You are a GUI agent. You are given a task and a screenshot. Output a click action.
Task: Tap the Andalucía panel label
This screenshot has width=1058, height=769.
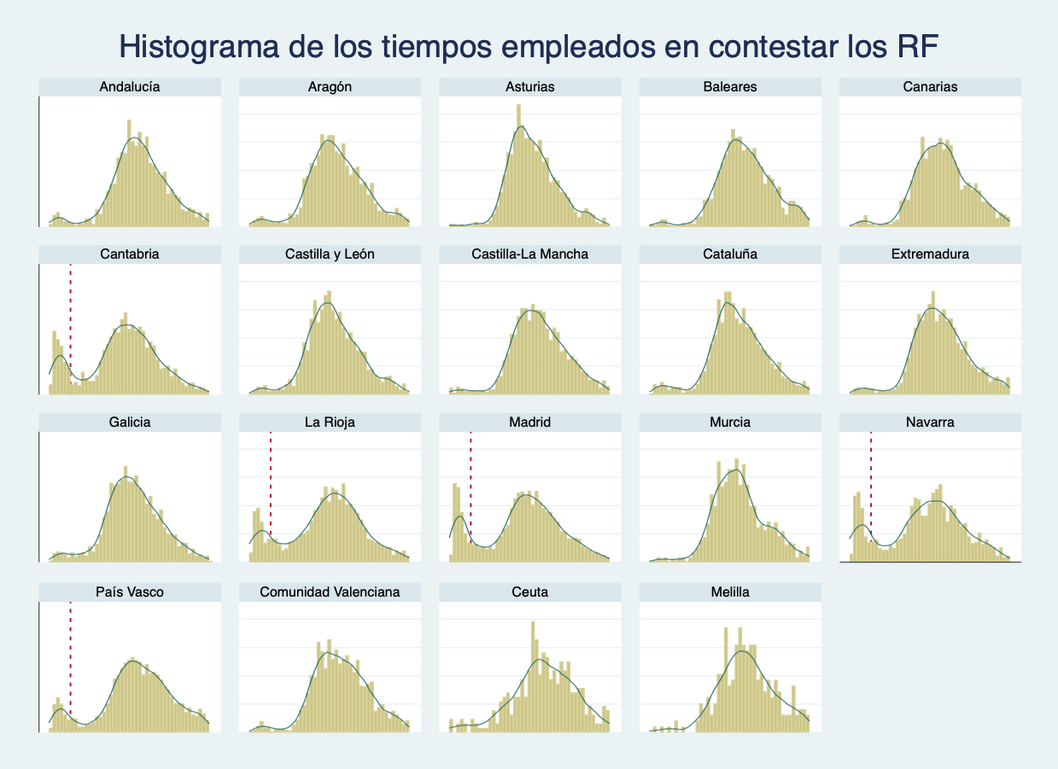point(130,86)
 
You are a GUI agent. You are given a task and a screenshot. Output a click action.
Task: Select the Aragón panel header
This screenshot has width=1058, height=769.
point(330,86)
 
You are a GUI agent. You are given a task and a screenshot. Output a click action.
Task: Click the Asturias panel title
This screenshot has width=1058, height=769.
point(529,86)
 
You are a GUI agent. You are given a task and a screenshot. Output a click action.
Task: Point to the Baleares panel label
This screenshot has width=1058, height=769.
point(730,86)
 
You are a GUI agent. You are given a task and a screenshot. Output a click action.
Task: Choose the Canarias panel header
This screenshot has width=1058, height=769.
point(930,86)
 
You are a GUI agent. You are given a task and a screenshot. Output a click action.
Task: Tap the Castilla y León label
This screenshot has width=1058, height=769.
point(330,254)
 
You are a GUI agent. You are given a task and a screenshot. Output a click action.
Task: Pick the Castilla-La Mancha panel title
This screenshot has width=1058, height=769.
point(529,254)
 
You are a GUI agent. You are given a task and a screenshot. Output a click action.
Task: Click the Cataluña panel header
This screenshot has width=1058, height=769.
point(730,254)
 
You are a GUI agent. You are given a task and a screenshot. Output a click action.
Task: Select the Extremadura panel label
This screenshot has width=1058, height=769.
point(930,254)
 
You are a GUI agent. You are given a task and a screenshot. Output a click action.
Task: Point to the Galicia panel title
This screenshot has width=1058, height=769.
point(130,422)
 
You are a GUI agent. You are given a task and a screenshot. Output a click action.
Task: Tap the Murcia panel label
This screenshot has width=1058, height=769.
point(730,422)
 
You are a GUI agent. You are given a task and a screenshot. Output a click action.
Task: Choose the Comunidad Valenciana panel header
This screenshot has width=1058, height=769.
point(330,591)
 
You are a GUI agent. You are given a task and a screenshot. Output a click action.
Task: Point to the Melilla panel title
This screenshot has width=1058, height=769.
point(730,591)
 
